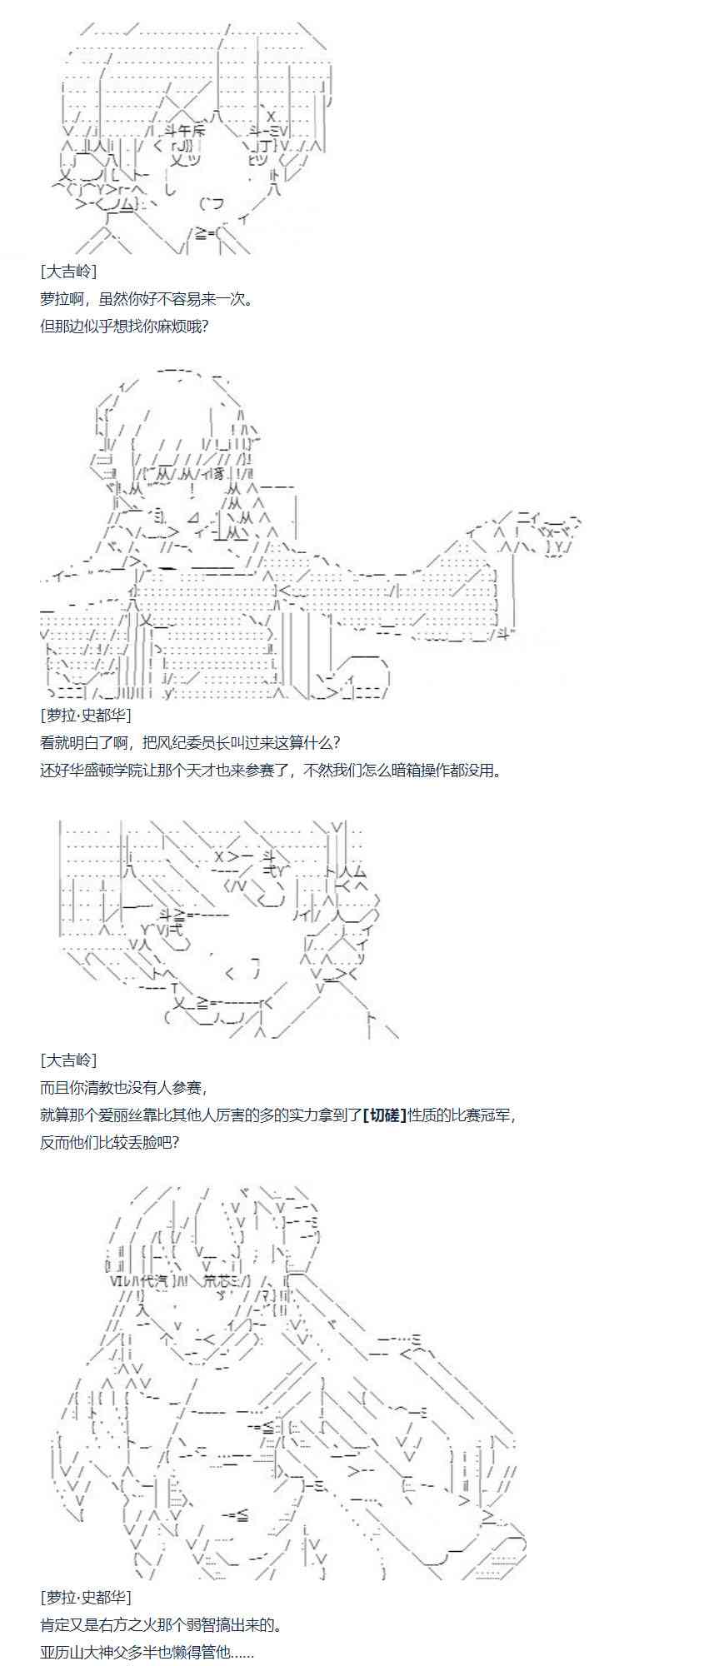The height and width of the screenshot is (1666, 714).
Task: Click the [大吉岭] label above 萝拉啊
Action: click(67, 272)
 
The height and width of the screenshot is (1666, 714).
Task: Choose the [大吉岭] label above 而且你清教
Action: click(67, 1060)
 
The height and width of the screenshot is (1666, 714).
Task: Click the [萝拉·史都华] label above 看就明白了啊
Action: click(85, 715)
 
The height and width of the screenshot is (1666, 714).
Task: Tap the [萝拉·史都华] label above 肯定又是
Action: click(85, 1598)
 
